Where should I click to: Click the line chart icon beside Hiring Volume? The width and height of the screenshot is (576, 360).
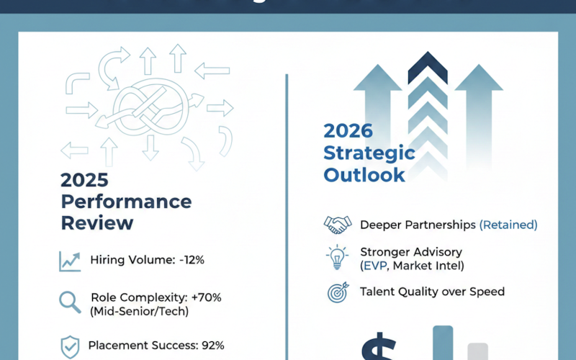(71, 261)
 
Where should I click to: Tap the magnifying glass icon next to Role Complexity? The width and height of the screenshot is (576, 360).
(70, 302)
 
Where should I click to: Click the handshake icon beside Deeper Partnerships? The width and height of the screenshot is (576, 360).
(336, 225)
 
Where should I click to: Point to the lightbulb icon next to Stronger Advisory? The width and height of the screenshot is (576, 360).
(336, 257)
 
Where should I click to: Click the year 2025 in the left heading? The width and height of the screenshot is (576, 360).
(84, 179)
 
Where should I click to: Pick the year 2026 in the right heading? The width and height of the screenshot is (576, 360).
(348, 131)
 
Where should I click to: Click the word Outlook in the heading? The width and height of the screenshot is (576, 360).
(364, 175)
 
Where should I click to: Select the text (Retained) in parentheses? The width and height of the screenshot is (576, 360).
(508, 225)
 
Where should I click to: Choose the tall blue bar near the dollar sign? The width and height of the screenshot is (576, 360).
(443, 343)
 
